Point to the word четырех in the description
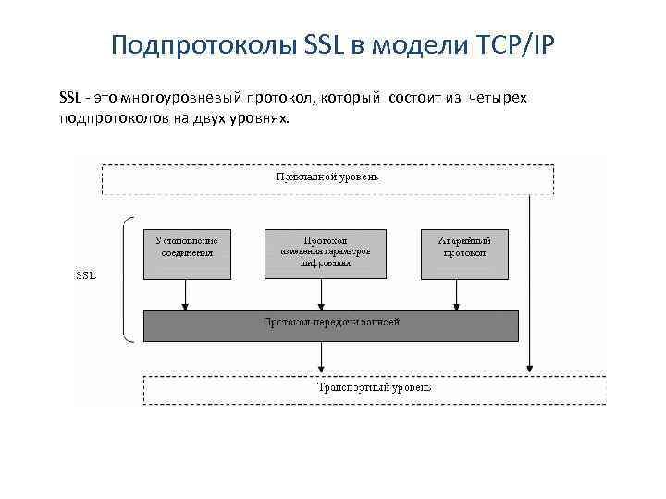498,97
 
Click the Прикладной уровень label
327,176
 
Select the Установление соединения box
187,253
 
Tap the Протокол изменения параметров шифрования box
321,253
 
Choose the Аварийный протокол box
464,253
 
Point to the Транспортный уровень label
374,388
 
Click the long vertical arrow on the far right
529,277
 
